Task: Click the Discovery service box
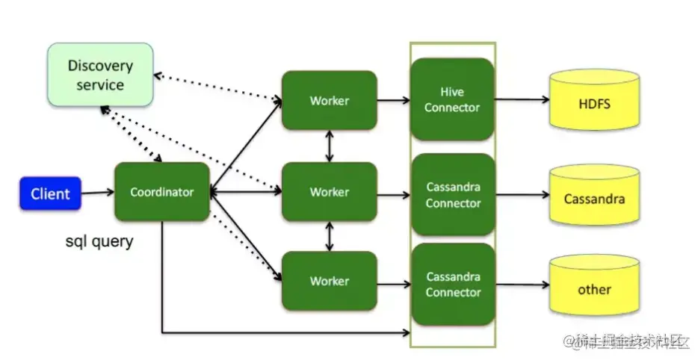pyautogui.click(x=100, y=75)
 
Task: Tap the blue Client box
pyautogui.click(x=50, y=194)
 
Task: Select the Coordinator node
pyautogui.click(x=161, y=192)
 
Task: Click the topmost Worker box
pyautogui.click(x=329, y=100)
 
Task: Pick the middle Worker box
pyautogui.click(x=329, y=192)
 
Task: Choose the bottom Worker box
pyautogui.click(x=329, y=281)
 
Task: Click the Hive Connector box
pyautogui.click(x=452, y=100)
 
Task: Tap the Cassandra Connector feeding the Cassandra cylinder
pyautogui.click(x=453, y=195)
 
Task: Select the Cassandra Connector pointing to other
pyautogui.click(x=453, y=285)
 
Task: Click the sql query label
pyautogui.click(x=100, y=241)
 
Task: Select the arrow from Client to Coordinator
pyautogui.click(x=97, y=193)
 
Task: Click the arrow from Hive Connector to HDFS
pyautogui.click(x=522, y=100)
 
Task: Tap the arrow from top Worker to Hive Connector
pyautogui.click(x=393, y=100)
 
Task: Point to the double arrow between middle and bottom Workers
pyautogui.click(x=330, y=236)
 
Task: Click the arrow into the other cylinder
pyautogui.click(x=522, y=285)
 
